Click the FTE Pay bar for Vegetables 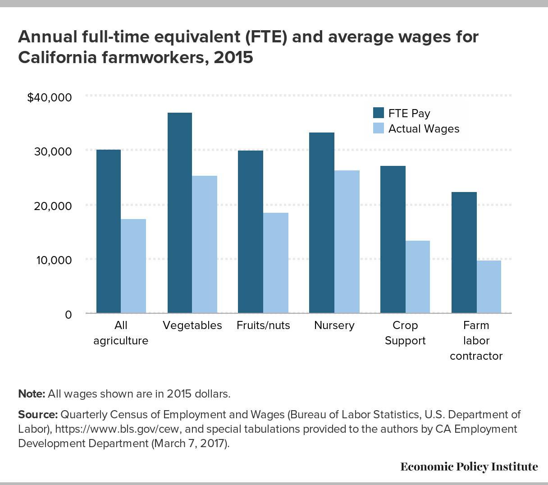[x=179, y=213]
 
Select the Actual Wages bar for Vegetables [x=205, y=244]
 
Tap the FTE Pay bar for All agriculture [x=108, y=231]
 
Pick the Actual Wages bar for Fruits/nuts [x=276, y=263]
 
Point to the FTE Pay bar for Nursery [x=321, y=223]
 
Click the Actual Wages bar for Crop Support [x=417, y=277]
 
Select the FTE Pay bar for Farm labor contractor [x=464, y=252]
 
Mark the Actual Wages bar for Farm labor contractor [x=489, y=287]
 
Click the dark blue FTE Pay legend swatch [x=378, y=113]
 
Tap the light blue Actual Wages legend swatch [x=378, y=128]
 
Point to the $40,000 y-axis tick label [x=50, y=97]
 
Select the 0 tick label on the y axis [x=68, y=315]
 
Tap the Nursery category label [x=334, y=325]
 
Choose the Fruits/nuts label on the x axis [x=263, y=325]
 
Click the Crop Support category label [x=405, y=333]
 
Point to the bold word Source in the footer [x=38, y=414]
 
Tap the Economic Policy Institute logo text [x=469, y=467]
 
